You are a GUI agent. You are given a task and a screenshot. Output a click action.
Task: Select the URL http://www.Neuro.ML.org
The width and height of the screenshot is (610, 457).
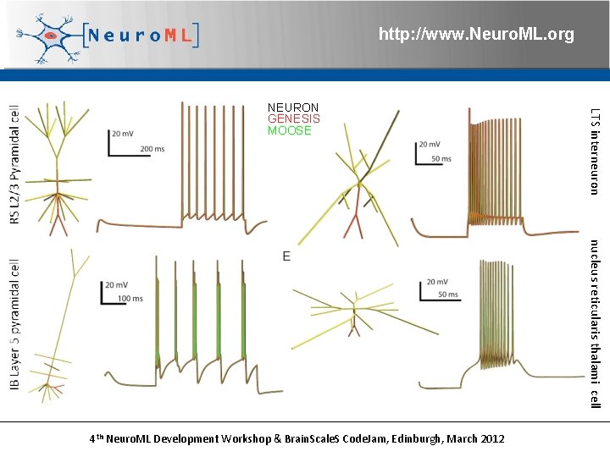point(475,35)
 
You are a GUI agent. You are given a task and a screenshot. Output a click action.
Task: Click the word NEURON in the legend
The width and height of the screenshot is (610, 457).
point(293,107)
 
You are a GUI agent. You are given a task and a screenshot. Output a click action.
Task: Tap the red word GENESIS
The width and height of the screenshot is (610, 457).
point(293,119)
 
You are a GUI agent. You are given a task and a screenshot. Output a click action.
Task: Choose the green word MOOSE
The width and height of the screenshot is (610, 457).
point(290,131)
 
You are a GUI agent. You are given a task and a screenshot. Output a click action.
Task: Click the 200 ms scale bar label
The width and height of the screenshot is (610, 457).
point(152,149)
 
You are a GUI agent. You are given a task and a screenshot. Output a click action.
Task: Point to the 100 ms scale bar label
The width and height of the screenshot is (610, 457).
point(130,299)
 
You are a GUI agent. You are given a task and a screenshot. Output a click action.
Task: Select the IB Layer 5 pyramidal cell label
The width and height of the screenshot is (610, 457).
point(14,326)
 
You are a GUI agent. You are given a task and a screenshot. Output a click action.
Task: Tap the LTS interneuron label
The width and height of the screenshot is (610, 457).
point(595,151)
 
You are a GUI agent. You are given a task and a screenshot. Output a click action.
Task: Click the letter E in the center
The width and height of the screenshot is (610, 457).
point(286,256)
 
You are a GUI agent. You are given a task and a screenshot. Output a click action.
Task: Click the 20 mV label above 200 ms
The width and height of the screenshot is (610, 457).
point(122,133)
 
